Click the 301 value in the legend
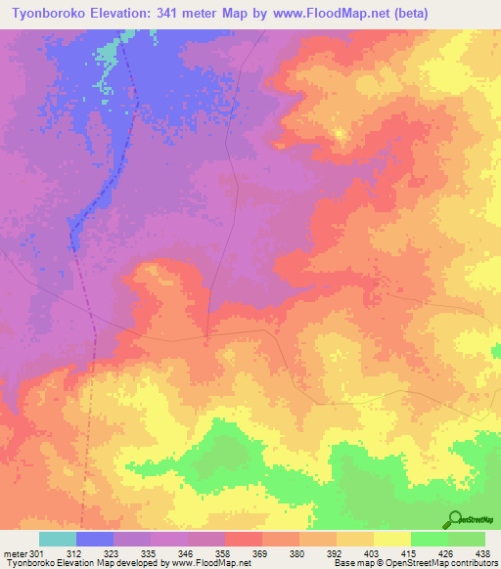click(x=37, y=553)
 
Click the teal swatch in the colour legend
click(x=58, y=539)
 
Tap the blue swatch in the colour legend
click(x=95, y=539)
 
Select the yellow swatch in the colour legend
click(x=392, y=539)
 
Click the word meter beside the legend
click(x=15, y=553)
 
